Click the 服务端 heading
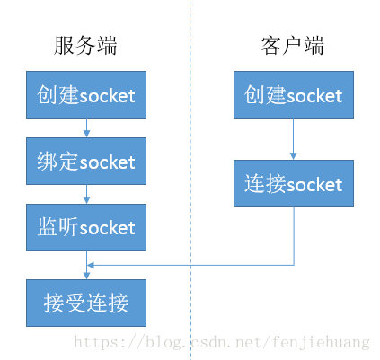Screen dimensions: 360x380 [86, 46]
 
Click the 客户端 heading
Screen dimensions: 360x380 [293, 46]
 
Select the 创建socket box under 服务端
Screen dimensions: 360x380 [86, 95]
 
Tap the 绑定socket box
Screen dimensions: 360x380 [86, 162]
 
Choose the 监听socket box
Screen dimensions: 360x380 [86, 227]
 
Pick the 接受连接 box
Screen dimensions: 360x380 [86, 303]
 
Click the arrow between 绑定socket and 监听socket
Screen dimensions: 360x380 [86, 194]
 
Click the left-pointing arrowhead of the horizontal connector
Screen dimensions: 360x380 [91, 264]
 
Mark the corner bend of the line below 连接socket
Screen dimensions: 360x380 [293, 264]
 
